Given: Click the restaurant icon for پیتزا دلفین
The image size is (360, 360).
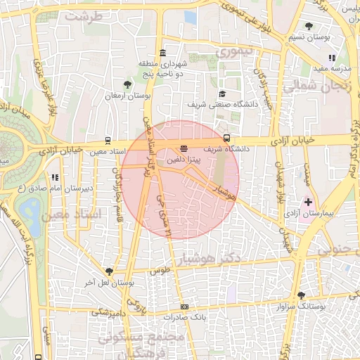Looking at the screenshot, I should (184, 148).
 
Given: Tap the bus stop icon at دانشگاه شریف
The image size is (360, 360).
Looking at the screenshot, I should (226, 138).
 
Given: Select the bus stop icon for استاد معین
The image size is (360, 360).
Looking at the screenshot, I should (108, 140).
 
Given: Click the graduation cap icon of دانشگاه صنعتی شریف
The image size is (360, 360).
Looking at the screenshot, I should (222, 94).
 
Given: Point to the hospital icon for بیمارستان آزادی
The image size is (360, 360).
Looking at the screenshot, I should (308, 202).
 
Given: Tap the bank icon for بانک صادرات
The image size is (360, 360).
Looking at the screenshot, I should (184, 307).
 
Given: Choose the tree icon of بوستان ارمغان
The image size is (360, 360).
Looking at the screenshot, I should (127, 84).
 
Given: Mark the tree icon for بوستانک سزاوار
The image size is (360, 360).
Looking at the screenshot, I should (302, 296).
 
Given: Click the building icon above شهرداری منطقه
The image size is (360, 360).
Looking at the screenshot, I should (163, 53).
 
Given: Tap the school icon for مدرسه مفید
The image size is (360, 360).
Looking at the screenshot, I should (331, 58).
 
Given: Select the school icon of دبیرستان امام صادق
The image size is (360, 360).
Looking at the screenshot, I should (54, 177).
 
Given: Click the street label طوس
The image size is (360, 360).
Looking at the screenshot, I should (161, 270).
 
